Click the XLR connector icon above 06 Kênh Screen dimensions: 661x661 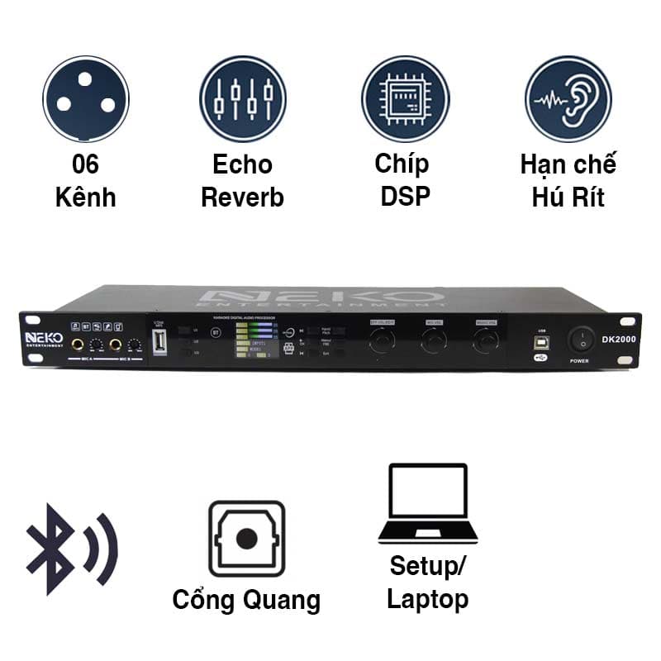click(86, 99)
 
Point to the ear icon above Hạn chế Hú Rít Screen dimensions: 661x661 click(568, 99)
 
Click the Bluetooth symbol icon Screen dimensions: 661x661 click(73, 548)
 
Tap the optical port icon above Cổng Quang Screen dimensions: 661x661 click(245, 538)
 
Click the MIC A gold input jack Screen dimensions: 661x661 click(78, 345)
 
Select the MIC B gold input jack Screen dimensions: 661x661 click(116, 345)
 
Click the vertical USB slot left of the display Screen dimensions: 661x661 click(159, 341)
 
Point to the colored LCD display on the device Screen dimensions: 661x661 click(254, 340)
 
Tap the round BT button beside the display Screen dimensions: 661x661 click(216, 333)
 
